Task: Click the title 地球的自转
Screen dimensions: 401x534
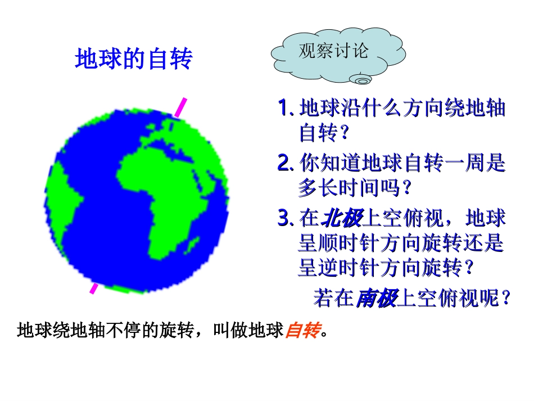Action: point(133,58)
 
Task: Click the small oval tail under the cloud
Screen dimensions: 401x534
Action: point(361,81)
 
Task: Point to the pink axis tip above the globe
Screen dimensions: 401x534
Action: point(180,107)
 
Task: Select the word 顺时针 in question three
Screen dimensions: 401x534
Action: point(349,244)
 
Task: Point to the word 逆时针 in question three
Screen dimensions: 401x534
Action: point(349,268)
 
